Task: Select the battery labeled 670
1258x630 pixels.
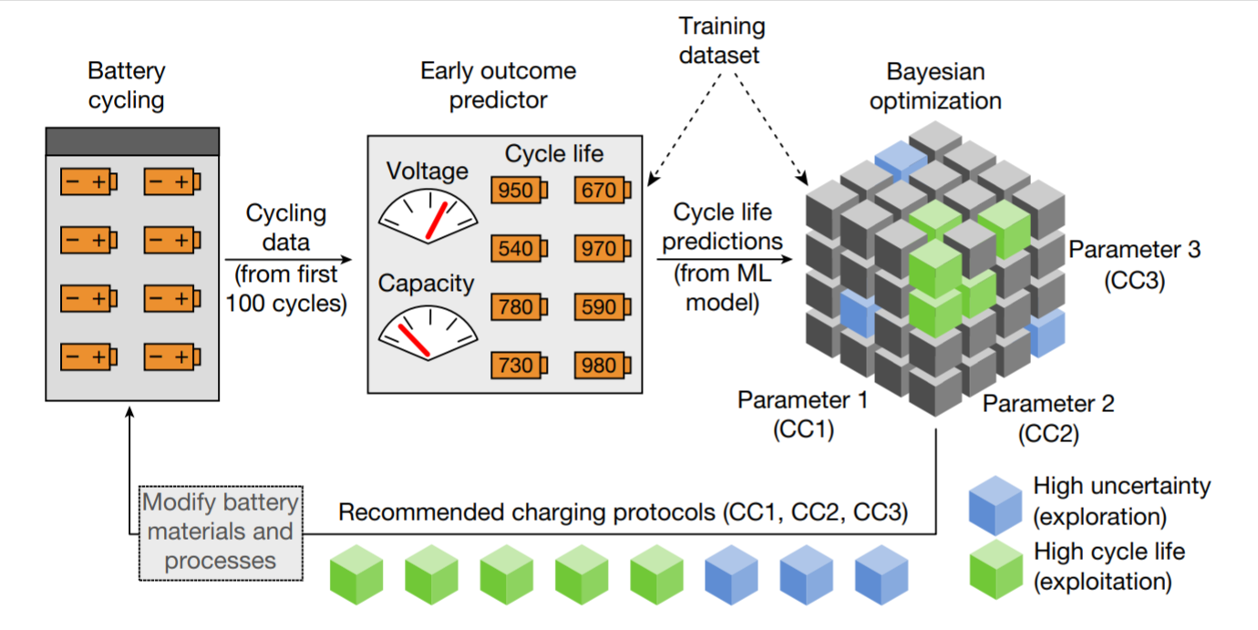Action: pyautogui.click(x=602, y=191)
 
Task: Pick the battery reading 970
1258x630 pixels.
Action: pyautogui.click(x=602, y=249)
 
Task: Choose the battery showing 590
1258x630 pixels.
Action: pyautogui.click(x=602, y=308)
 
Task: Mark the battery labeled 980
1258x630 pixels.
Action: pyautogui.click(x=602, y=367)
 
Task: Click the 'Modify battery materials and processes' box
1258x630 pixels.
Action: pyautogui.click(x=220, y=533)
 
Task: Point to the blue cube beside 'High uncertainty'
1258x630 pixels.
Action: pyautogui.click(x=995, y=505)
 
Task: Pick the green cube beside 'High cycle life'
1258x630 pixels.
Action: pyautogui.click(x=995, y=567)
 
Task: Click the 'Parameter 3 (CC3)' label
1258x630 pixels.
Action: pyautogui.click(x=1134, y=264)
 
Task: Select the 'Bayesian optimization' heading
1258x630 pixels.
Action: pyautogui.click(x=935, y=86)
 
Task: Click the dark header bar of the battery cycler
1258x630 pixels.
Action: pyautogui.click(x=132, y=141)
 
